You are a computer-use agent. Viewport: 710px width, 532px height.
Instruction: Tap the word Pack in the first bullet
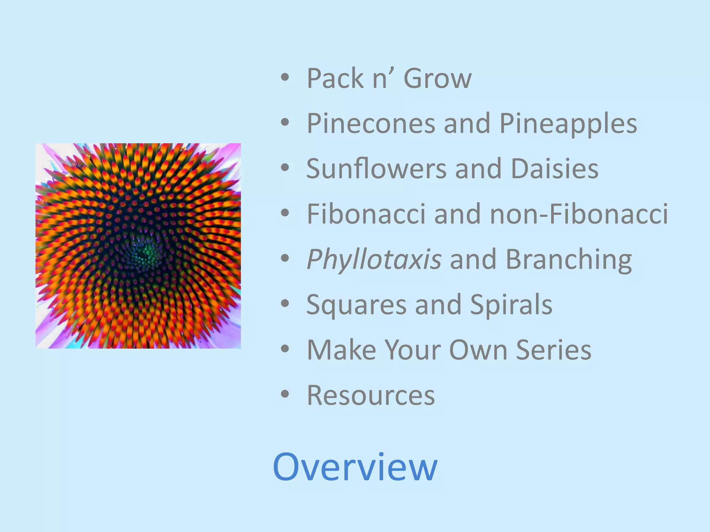tap(335, 79)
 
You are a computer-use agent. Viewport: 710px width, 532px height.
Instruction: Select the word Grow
tap(438, 79)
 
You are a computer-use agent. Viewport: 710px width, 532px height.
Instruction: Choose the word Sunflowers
tap(376, 169)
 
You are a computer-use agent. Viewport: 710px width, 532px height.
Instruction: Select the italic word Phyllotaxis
tap(374, 260)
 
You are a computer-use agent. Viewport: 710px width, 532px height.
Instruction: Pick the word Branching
tap(569, 260)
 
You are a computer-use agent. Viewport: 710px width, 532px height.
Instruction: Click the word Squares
tap(356, 305)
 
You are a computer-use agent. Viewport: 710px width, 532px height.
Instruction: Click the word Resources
tap(371, 396)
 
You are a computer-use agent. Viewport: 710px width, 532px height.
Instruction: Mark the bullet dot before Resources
tap(285, 394)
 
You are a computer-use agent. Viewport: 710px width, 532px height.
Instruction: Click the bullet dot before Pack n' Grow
tap(285, 77)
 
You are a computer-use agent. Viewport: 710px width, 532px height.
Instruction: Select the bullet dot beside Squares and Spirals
tap(285, 303)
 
